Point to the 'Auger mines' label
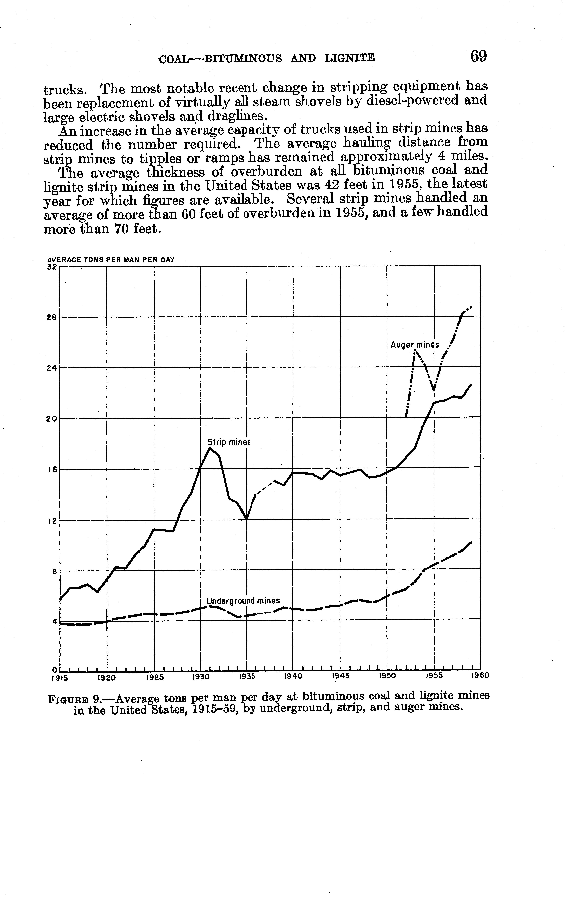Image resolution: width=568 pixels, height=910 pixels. pos(414,345)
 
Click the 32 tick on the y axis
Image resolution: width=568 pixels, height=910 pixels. pos(52,267)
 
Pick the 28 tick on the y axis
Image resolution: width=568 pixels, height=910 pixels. pos(52,318)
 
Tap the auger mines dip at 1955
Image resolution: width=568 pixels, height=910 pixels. pos(434,390)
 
